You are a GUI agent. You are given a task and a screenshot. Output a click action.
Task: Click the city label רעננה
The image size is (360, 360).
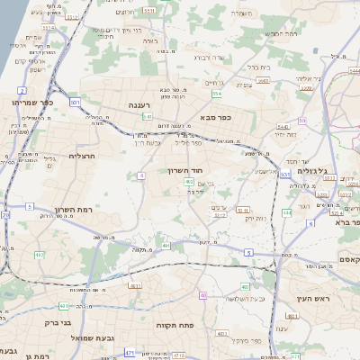(139, 105)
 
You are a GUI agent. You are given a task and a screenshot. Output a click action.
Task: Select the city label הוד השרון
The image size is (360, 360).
(185, 169)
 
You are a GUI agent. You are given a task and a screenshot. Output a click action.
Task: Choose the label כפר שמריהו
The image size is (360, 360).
(33, 103)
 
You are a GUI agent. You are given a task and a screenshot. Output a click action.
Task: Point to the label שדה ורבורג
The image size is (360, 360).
(220, 58)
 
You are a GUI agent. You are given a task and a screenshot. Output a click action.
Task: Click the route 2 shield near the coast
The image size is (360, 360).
(21, 91)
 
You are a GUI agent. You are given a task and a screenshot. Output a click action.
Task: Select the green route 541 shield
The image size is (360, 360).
(147, 116)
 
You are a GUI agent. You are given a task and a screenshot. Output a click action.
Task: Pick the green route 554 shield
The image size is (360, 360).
(217, 93)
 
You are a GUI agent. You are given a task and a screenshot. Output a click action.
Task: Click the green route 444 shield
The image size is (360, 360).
(286, 213)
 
